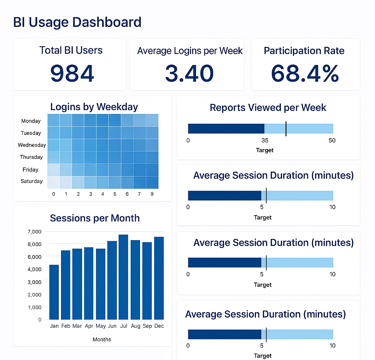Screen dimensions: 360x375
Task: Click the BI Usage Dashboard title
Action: [77, 22]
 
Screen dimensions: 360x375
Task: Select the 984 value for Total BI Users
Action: [72, 74]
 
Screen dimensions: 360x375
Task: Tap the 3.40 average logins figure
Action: [189, 74]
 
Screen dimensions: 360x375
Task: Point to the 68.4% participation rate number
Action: [305, 74]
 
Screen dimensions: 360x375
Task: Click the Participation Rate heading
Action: [304, 51]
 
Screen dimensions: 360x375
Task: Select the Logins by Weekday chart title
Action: [94, 107]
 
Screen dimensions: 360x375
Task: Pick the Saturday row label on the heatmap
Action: [32, 181]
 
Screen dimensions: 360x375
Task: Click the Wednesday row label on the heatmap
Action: [32, 145]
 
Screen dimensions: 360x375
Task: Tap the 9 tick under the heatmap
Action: [152, 194]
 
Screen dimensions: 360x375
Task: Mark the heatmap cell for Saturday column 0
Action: [54, 182]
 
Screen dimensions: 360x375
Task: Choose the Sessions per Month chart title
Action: [95, 218]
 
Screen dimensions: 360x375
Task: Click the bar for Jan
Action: [54, 292]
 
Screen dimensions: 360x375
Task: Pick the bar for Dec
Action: [159, 278]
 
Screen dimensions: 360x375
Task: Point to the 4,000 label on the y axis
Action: [35, 269]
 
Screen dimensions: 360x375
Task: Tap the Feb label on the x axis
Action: [66, 326]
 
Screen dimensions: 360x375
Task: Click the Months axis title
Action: [102, 339]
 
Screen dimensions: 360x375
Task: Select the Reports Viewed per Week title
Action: [268, 108]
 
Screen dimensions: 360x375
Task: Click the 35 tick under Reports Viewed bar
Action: [265, 140]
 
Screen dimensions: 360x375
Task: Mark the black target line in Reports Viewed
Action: [286, 128]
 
